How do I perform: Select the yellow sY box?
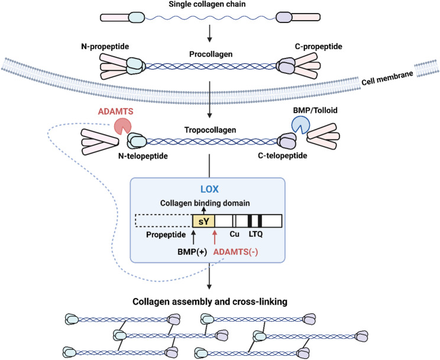[x=203, y=221]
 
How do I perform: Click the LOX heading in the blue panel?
[x=209, y=189]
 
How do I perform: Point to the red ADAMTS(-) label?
[x=236, y=252]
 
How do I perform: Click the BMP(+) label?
[x=192, y=252]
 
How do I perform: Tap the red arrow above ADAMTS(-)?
[x=215, y=238]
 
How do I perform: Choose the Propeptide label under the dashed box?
[x=166, y=235]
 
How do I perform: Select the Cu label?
[x=234, y=233]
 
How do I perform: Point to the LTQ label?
[x=255, y=233]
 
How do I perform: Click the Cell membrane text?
[x=387, y=77]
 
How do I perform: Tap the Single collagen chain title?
[x=207, y=4]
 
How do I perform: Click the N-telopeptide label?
[x=143, y=155]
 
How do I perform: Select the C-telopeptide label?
[x=282, y=155]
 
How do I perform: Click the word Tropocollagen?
[x=210, y=130]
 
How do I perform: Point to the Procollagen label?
[x=211, y=54]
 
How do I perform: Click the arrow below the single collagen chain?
[x=209, y=33]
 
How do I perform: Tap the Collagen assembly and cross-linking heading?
[x=210, y=301]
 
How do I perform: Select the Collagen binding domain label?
[x=205, y=203]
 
